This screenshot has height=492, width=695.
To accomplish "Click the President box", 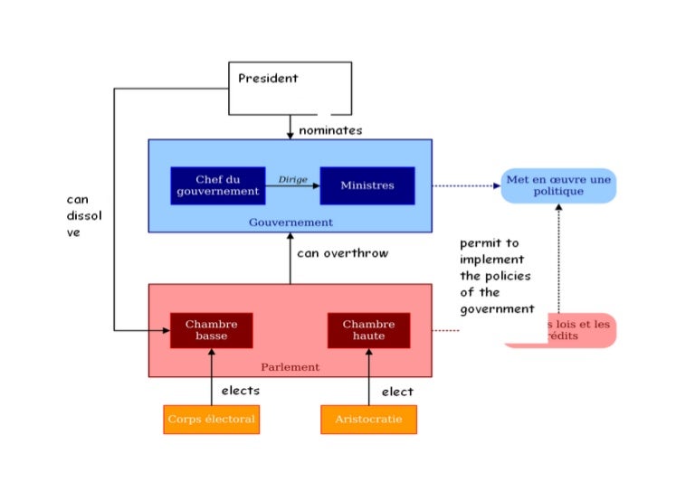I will point(290,88).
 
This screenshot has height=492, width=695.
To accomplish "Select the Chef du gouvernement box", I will point(217,185).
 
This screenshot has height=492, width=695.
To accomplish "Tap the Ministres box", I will point(367,185).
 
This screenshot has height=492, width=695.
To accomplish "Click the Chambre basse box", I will point(211,330).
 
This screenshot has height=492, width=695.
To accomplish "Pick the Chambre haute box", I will point(368,330).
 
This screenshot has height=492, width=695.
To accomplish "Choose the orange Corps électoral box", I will point(211,420).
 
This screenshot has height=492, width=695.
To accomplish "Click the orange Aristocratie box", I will point(368,420).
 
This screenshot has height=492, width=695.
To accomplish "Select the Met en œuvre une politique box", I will point(557,185).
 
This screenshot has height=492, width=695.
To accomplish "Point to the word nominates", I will point(330,130).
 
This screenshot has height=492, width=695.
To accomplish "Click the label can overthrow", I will point(342,253).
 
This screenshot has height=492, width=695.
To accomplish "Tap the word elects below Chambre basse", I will point(240,391).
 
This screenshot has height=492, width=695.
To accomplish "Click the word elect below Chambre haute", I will point(396,392).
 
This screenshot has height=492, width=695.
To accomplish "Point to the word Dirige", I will point(292,179).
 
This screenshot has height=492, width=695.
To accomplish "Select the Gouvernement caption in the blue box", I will point(290,222).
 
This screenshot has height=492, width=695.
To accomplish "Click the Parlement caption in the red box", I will point(290,367).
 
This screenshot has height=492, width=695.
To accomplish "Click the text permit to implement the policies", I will point(496,276).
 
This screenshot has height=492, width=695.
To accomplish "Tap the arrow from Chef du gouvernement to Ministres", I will point(292,186).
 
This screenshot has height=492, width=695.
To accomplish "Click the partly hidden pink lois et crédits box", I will point(579,330).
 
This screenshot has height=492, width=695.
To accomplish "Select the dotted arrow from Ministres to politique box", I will point(465,185).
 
